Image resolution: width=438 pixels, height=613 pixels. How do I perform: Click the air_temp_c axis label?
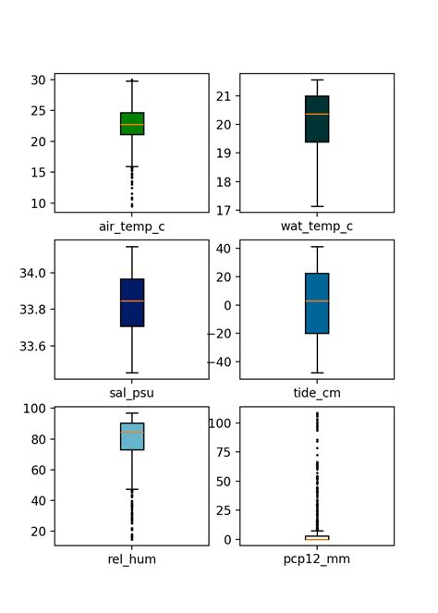(x=131, y=226)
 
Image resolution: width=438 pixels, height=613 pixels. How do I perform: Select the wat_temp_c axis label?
(x=317, y=226)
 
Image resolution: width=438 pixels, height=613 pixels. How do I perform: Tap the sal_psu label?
(x=131, y=392)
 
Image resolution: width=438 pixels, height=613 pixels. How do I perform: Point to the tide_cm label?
(x=317, y=392)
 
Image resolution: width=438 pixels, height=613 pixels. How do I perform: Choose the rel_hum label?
(x=131, y=558)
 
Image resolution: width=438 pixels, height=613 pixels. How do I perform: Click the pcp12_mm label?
(x=317, y=558)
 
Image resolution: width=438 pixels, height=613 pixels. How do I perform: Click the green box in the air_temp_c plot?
(x=132, y=124)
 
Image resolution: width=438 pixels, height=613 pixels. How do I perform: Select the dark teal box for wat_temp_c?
(x=317, y=119)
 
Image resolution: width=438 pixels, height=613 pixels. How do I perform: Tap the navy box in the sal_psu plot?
(x=132, y=302)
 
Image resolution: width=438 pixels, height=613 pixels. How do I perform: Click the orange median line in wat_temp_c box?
(x=317, y=114)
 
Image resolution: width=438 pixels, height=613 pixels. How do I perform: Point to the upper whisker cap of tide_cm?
(x=317, y=247)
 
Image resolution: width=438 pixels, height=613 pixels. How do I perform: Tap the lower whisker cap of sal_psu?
(x=132, y=373)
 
